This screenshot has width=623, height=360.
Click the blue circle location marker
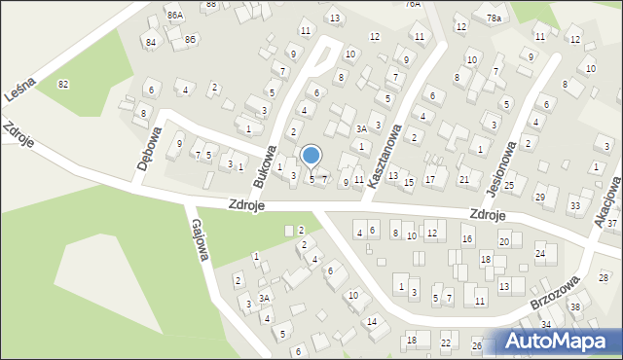point(311,155)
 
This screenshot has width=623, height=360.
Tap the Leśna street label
point(21,72)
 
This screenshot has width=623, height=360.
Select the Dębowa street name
point(149,152)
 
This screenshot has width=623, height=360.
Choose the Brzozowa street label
point(556,291)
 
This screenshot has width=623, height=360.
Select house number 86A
point(175,16)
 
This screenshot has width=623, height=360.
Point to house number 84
point(150,43)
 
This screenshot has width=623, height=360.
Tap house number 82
point(63,85)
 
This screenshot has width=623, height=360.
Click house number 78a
point(494,18)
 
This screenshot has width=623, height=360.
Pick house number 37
point(612,224)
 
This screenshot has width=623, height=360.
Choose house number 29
point(540,198)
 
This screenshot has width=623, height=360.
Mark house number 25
point(508,185)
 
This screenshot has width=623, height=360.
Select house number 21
point(464,179)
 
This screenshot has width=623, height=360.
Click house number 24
point(540,254)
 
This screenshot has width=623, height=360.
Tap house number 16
point(467,239)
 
